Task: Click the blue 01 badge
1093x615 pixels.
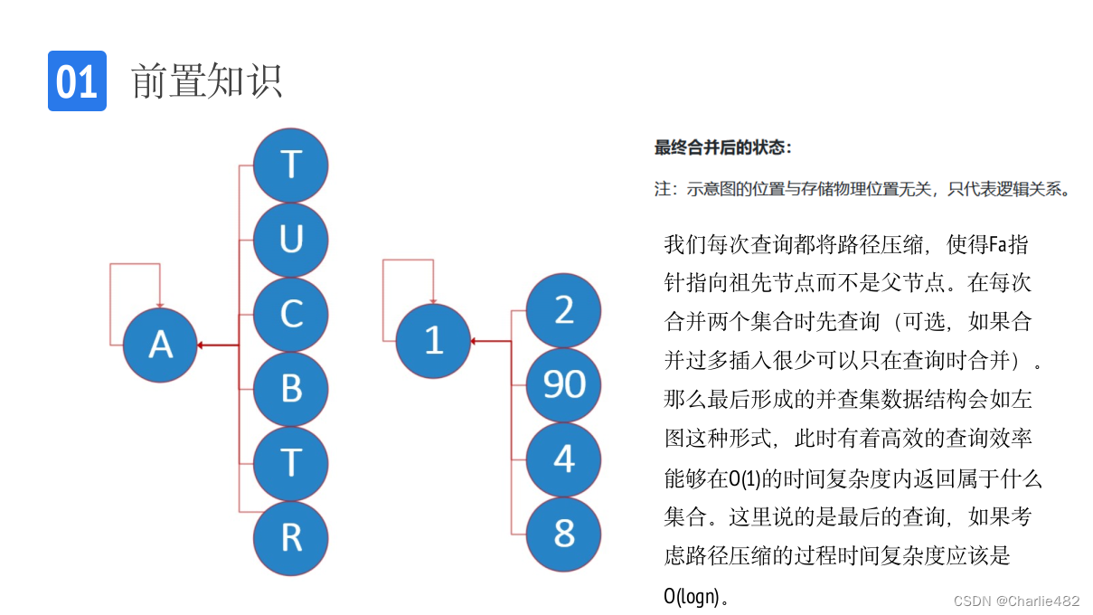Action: pos(77,81)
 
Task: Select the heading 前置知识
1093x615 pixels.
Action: pos(207,81)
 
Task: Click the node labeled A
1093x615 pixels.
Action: pos(160,345)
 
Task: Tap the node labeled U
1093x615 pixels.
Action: pos(290,240)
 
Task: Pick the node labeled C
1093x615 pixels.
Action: pos(290,315)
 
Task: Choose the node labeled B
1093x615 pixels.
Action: pos(290,389)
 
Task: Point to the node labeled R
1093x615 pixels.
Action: pos(290,537)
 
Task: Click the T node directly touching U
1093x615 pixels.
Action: pos(290,166)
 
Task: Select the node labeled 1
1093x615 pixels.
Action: pos(433,341)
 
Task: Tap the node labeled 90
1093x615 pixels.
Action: pos(564,384)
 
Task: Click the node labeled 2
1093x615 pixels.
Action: pos(564,310)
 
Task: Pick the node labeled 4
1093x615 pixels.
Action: pos(564,459)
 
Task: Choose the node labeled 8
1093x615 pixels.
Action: pos(564,534)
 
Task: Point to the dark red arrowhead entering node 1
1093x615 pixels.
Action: pos(475,341)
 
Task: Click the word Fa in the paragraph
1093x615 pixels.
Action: pos(997,244)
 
